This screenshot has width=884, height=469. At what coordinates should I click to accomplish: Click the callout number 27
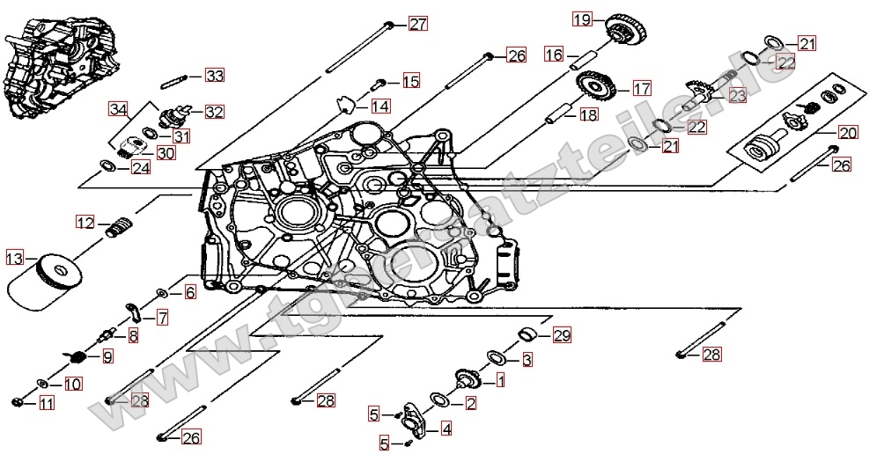pos(416,24)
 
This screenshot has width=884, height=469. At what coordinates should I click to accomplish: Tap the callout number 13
pos(15,258)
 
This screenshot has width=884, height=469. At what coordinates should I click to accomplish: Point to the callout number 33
pos(215,76)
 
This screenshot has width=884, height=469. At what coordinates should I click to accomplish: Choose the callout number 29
pos(562,335)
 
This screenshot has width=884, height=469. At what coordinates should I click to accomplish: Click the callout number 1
pos(501,380)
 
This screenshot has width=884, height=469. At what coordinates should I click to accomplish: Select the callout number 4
pos(446,429)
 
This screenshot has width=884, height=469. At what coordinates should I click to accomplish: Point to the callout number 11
pos(47,404)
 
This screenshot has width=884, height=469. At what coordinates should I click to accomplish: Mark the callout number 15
pos(410,82)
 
